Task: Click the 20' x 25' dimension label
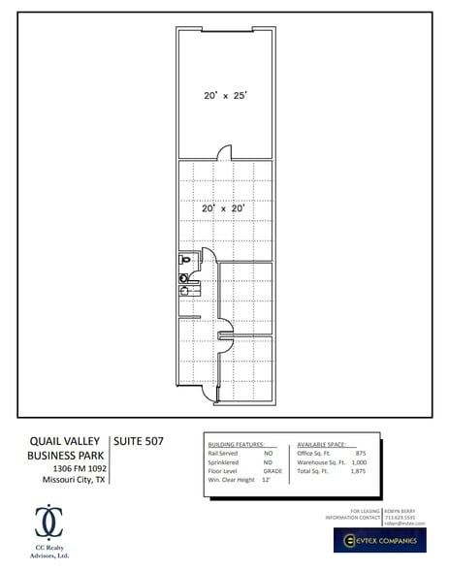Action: click(224, 96)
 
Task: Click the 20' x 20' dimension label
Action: click(223, 207)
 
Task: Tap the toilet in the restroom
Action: click(184, 261)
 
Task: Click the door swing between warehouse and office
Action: click(224, 152)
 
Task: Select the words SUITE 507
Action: click(139, 442)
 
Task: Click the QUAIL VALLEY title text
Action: click(67, 442)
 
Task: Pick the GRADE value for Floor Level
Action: click(273, 470)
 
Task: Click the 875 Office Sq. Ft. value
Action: click(360, 453)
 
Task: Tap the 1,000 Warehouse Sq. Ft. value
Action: click(358, 461)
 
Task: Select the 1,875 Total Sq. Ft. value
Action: click(358, 470)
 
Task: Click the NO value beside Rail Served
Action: click(269, 453)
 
